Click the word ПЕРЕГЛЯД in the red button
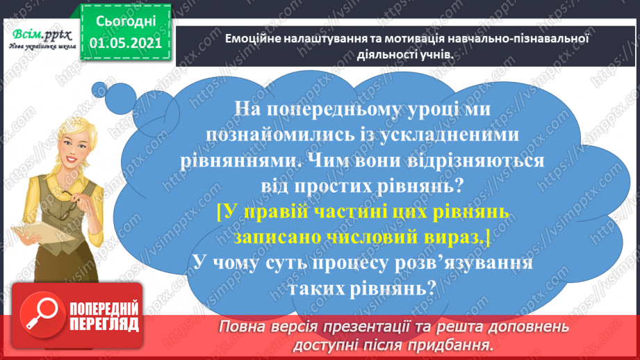[x=105, y=325]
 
